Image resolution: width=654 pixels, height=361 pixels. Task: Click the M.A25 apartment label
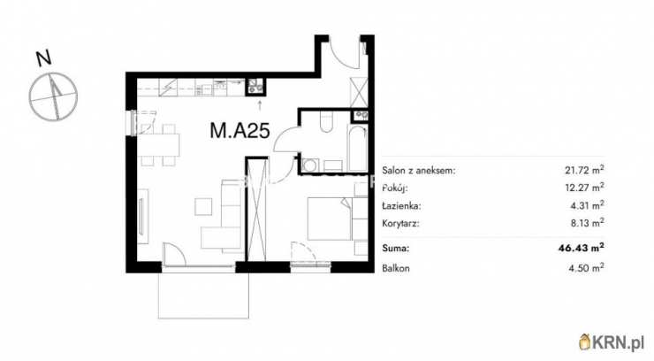click(x=240, y=131)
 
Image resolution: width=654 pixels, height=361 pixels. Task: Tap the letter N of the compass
click(x=44, y=58)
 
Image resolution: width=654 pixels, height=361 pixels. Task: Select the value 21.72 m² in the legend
click(x=584, y=170)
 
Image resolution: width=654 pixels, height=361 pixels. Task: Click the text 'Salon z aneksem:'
click(x=419, y=170)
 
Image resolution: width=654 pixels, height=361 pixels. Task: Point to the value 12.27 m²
click(x=584, y=188)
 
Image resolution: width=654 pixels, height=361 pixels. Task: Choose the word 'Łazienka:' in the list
click(x=401, y=205)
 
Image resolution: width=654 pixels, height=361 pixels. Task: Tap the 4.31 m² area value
click(x=587, y=205)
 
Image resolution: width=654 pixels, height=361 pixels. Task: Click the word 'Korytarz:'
click(x=400, y=223)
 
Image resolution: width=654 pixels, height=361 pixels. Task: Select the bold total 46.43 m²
click(x=582, y=249)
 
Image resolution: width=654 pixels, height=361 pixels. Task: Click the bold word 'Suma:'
click(x=395, y=249)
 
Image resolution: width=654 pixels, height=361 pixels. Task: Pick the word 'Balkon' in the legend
click(x=395, y=268)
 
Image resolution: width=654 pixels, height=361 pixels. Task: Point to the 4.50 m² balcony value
click(x=587, y=268)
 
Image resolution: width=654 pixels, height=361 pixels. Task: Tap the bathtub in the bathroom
click(x=357, y=149)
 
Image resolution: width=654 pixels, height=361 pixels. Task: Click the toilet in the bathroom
click(x=326, y=122)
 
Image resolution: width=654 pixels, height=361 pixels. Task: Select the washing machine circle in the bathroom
click(x=309, y=165)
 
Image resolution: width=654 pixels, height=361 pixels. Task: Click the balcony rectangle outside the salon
click(x=203, y=295)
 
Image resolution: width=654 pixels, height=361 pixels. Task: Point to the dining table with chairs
click(x=159, y=145)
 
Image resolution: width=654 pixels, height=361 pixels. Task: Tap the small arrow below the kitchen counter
click(x=260, y=104)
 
